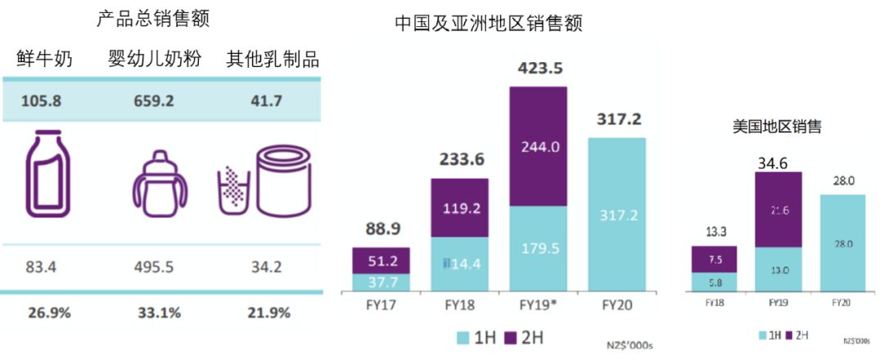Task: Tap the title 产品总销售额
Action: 159,19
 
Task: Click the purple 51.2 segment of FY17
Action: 382,260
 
